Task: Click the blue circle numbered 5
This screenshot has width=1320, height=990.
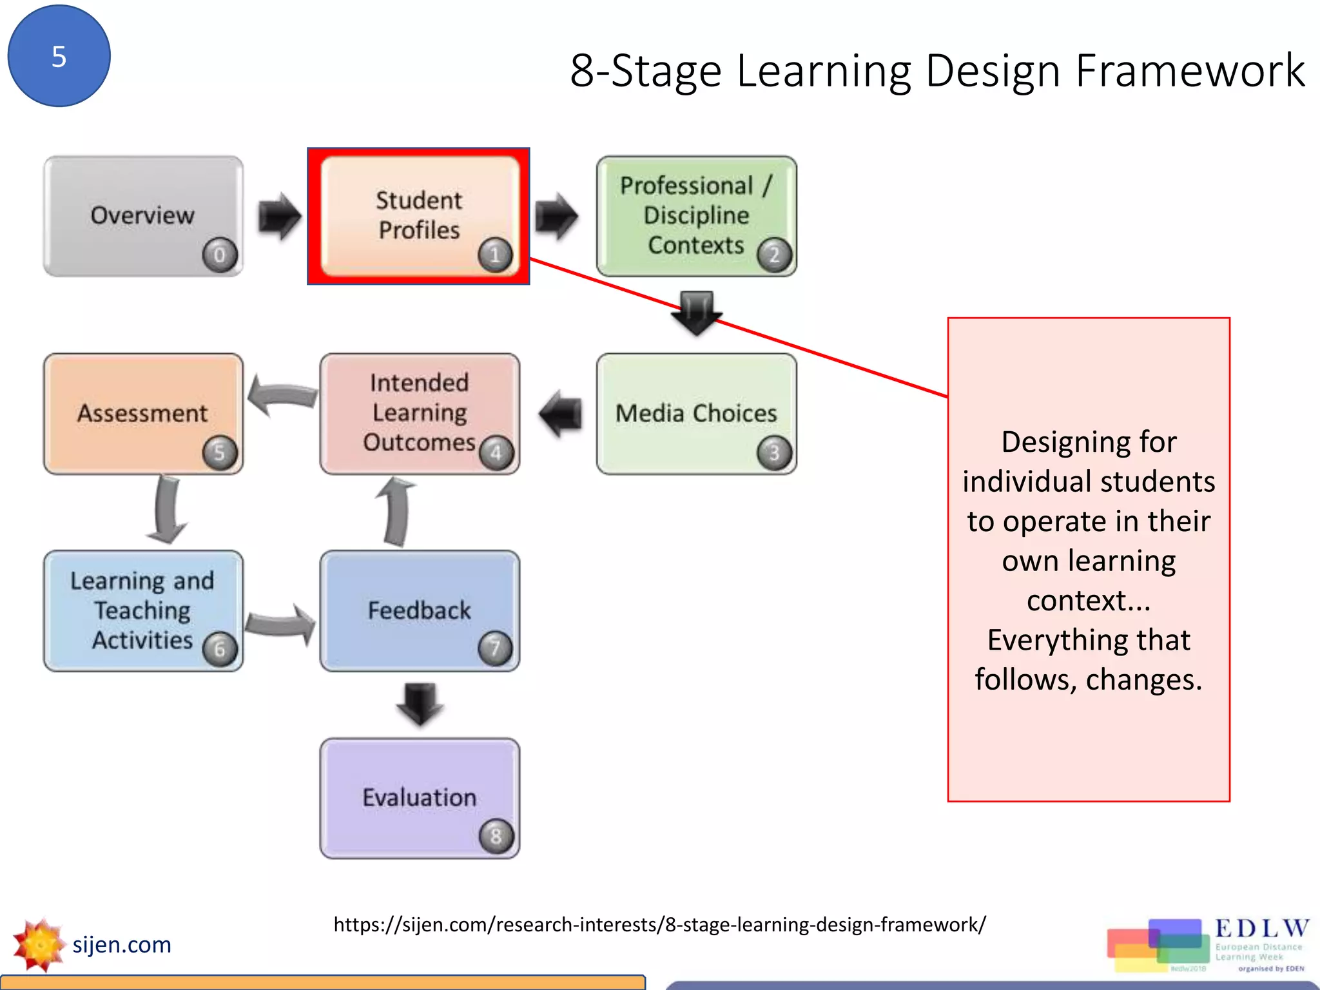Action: (x=59, y=56)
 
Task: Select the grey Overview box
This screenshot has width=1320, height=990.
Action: (x=142, y=216)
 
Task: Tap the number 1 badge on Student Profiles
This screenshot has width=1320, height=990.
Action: (x=495, y=255)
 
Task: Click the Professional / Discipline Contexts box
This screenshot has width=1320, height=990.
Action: (x=695, y=216)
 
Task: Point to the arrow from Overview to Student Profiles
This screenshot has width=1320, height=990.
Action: (x=279, y=216)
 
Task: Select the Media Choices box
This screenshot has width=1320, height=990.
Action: (x=695, y=413)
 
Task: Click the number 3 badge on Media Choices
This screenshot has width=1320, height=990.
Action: (x=773, y=453)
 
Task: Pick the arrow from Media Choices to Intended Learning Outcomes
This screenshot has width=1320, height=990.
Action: (x=560, y=414)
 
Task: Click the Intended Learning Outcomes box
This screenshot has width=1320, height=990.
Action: (x=419, y=413)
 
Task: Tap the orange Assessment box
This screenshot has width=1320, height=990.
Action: (x=142, y=413)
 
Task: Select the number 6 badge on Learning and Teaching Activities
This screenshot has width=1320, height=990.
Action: (x=220, y=649)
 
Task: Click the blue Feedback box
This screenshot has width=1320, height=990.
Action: (x=419, y=610)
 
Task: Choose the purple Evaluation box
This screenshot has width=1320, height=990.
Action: (x=419, y=798)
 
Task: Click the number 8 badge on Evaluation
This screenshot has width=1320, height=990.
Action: (x=496, y=837)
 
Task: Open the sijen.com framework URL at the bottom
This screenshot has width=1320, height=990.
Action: (x=659, y=925)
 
